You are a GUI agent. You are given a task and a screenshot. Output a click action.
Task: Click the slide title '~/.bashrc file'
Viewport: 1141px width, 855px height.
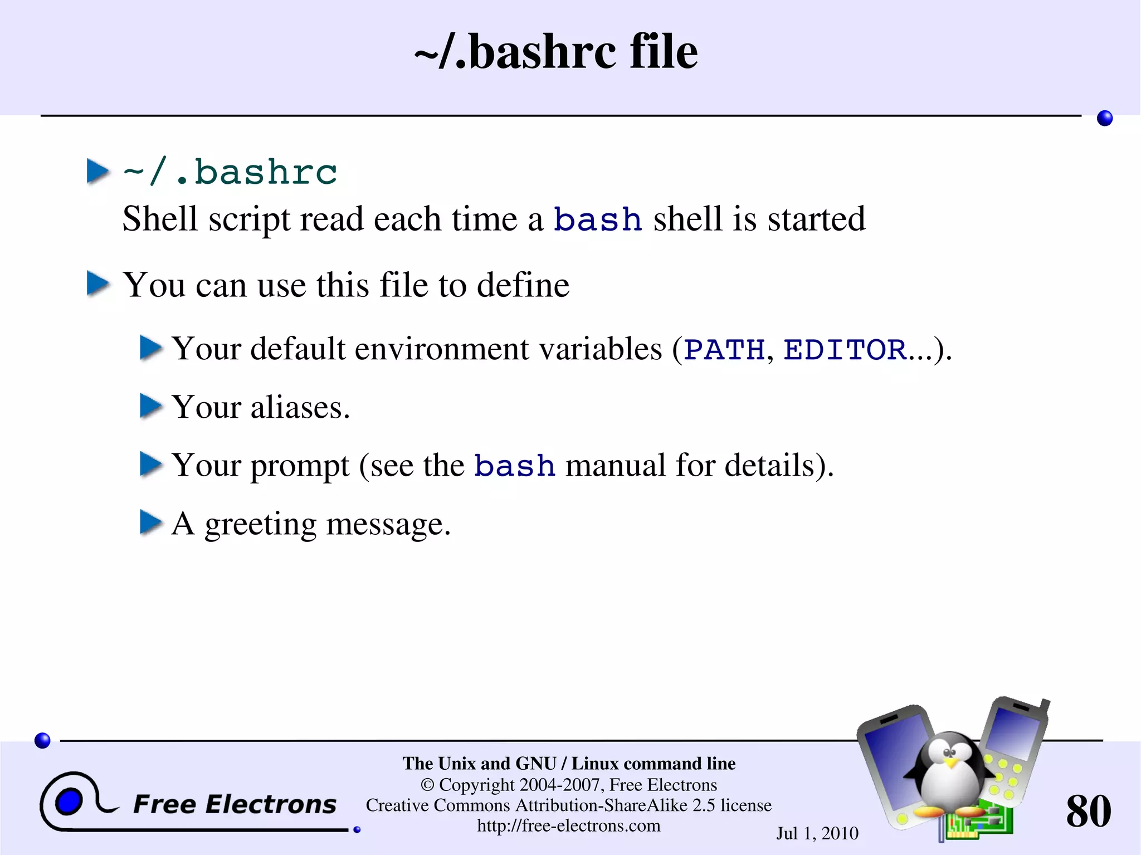[x=555, y=51]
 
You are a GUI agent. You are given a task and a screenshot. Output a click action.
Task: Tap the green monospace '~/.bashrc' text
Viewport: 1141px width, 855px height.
[x=230, y=172]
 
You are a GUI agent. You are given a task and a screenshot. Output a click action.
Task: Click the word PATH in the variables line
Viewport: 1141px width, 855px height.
[x=724, y=350]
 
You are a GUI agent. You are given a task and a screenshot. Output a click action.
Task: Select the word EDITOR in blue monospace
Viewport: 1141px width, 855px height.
[x=845, y=350]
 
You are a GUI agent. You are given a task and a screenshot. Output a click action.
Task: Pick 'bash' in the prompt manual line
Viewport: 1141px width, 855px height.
[x=514, y=466]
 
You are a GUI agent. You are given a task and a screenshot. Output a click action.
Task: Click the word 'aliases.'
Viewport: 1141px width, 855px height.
[x=300, y=407]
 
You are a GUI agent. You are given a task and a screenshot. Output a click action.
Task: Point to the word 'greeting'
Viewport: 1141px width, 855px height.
[x=260, y=525]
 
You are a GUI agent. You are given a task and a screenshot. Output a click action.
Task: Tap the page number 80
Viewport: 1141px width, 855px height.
[x=1088, y=811]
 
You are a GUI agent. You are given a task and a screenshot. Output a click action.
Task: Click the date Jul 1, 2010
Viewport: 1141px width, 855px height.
[x=817, y=833]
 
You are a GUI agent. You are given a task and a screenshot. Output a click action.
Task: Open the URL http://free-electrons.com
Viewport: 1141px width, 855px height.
[x=568, y=825]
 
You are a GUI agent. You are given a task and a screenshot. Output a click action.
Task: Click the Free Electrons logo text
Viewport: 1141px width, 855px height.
[x=235, y=804]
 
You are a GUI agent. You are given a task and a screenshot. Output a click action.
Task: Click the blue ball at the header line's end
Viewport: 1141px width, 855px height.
[x=1104, y=118]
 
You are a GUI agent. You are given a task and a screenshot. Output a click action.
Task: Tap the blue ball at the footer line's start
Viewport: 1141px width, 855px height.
[x=42, y=740]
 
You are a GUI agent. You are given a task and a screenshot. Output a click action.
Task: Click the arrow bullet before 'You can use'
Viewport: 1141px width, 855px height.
[x=98, y=284]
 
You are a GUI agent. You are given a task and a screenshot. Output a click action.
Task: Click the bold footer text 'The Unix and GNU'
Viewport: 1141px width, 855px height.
[x=479, y=763]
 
